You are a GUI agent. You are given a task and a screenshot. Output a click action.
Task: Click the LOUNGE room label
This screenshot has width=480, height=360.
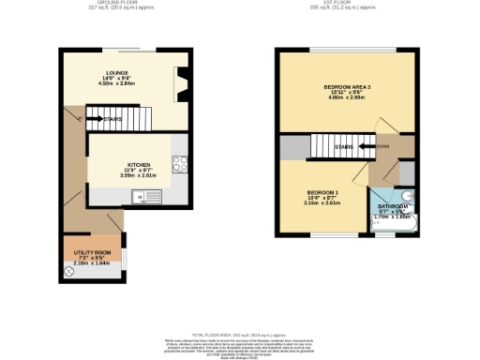pos(117,71)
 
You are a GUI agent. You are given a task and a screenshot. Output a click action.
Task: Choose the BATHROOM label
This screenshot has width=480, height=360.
pos(393,206)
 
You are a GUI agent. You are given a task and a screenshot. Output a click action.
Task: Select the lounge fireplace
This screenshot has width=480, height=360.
pos(181,83)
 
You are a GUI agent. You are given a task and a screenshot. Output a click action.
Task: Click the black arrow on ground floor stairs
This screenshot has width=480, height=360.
pos(92,119)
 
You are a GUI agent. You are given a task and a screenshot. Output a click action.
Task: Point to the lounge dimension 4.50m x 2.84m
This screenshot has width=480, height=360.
pos(117,82)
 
